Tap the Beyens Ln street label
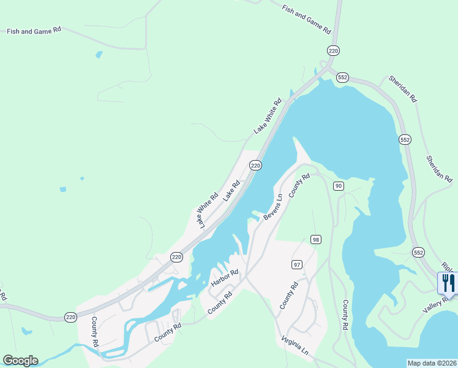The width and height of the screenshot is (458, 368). (x=273, y=208)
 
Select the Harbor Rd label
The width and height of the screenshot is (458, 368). (x=224, y=278)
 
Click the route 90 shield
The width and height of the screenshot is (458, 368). (x=338, y=186)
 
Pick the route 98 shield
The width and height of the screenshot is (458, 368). (x=315, y=239)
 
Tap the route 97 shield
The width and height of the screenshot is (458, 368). (x=297, y=264)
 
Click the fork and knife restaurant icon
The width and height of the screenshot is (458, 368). (x=448, y=283)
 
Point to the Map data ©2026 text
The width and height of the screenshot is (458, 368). (x=432, y=363)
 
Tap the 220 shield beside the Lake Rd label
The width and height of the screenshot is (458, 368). (x=255, y=166)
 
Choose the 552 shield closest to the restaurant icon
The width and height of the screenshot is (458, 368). (x=418, y=252)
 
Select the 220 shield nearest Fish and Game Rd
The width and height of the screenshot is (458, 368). (x=333, y=50)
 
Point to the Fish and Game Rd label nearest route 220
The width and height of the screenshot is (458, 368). (x=306, y=19)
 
